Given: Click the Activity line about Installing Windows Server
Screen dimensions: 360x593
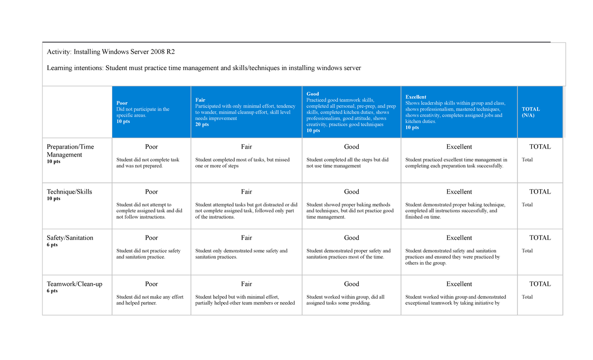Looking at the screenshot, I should (x=111, y=52).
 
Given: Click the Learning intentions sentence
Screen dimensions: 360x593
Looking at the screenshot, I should (x=204, y=68).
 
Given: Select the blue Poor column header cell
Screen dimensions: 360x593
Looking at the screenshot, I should (x=151, y=112).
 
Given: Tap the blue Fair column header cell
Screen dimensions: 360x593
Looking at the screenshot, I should (x=246, y=112).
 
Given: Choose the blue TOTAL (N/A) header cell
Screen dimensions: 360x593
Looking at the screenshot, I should (x=540, y=112).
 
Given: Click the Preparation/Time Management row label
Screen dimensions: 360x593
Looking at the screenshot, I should (x=70, y=151).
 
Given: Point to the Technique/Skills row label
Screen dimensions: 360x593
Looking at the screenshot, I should (x=69, y=192).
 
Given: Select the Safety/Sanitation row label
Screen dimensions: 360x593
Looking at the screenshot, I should (x=70, y=238).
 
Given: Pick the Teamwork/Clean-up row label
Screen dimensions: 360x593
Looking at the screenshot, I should (x=74, y=284).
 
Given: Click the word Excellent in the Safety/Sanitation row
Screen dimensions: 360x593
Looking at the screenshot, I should (x=459, y=238).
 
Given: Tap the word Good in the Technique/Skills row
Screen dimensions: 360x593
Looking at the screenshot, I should (x=351, y=192).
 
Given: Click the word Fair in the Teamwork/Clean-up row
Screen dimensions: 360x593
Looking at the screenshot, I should (x=246, y=284).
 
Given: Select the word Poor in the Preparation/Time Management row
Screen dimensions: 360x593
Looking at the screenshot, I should (x=151, y=147).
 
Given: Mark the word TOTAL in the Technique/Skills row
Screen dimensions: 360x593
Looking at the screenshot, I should (x=540, y=192).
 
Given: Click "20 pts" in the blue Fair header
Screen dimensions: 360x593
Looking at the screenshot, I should (x=202, y=124).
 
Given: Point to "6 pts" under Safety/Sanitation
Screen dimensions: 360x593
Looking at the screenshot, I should (x=52, y=245).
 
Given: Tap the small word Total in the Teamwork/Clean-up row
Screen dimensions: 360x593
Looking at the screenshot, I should (x=527, y=297).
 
